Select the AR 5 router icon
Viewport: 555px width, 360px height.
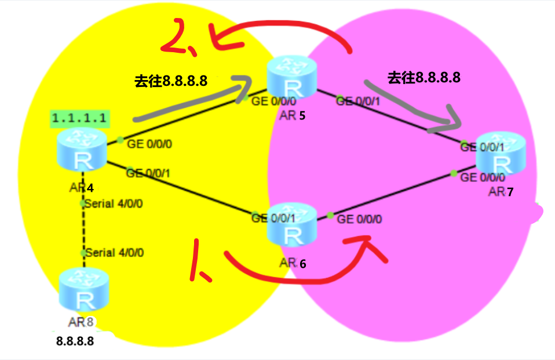292,80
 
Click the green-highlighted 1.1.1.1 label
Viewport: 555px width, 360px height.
79,118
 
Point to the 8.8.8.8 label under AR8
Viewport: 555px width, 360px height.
75,341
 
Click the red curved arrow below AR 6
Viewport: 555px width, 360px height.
301,278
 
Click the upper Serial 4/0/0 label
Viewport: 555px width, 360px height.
114,204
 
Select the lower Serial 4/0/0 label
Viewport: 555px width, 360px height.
114,252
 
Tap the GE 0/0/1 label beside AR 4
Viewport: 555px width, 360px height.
151,172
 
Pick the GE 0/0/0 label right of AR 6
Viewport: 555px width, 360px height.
359,219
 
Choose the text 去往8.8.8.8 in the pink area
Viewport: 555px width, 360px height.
424,77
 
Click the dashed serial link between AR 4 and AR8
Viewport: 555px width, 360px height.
83,229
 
